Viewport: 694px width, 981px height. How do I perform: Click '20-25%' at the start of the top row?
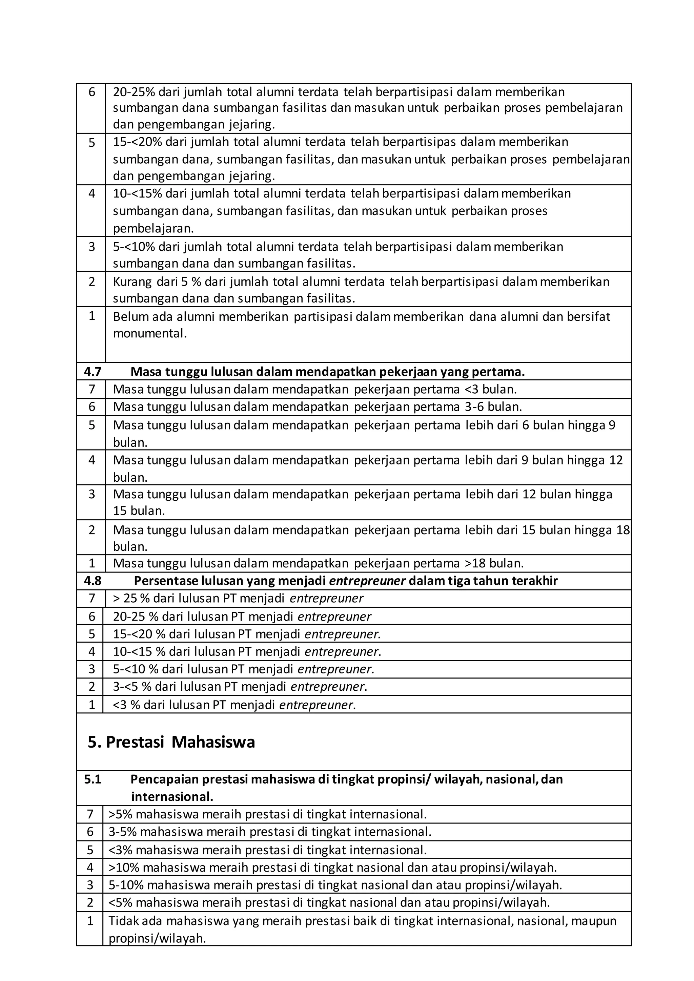pos(133,92)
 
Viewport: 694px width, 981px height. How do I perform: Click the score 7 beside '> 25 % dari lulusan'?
pos(91,598)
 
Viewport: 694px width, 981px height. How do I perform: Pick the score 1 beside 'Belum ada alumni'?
pos(91,316)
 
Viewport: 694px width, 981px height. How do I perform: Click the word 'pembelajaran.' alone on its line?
pos(153,229)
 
